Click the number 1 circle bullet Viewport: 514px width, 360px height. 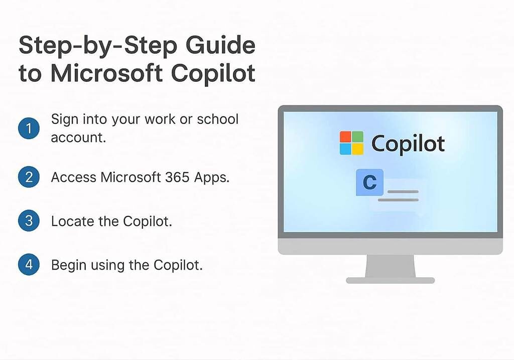click(29, 129)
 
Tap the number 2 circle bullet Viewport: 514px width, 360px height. click(29, 177)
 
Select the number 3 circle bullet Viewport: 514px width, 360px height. click(29, 221)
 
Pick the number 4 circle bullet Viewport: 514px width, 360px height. click(29, 265)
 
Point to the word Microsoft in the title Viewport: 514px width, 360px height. click(106, 73)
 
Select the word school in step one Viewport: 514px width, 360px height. click(217, 119)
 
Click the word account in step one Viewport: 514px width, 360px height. click(78, 137)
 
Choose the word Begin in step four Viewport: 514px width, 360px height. click(69, 265)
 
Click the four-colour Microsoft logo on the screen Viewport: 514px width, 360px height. click(351, 143)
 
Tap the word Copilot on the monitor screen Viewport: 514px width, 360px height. click(408, 144)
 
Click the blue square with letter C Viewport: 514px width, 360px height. click(369, 183)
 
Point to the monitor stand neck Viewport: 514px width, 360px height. click(390, 266)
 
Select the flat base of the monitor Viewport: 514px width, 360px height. click(390, 280)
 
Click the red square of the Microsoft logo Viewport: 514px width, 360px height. click(345, 137)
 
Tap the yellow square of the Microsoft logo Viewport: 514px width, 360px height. click(357, 149)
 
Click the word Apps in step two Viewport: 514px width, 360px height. click(213, 178)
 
